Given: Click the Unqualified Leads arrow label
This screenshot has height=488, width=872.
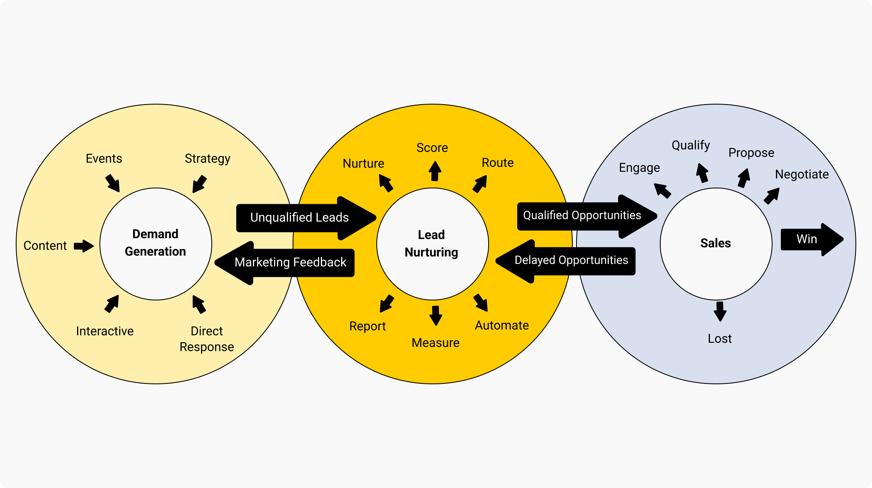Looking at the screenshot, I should coord(299,217).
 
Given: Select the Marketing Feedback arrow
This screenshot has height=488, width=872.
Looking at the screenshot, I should coord(290,262).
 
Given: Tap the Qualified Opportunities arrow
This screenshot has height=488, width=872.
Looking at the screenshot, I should coord(582,215).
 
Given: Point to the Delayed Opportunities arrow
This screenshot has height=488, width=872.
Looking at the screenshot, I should coord(571,261).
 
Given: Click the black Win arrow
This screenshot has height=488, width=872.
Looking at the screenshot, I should coord(810,239).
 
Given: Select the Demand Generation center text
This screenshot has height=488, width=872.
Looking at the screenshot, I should coord(155,243).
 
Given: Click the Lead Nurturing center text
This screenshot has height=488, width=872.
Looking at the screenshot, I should coord(431,244).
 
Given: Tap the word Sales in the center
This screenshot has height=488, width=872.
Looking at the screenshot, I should coord(715,243).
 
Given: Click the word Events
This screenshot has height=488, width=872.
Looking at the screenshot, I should coord(104,159).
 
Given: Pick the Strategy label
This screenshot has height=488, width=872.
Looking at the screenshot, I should coord(207,159).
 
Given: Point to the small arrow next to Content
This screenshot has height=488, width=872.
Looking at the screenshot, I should coord(84,246).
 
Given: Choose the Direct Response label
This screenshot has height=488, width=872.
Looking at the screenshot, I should coord(207,339).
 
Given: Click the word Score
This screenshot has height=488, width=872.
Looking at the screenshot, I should coord(432,148).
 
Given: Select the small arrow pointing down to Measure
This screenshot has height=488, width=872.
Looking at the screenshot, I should coord(435,315).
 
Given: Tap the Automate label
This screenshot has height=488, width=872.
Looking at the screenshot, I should coord(501,325).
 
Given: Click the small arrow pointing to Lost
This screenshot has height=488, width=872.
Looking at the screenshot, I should coord(720,311).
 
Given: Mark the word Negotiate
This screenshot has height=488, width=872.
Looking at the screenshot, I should coord(802,174).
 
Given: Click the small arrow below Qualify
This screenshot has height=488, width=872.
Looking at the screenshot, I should coord(702,173).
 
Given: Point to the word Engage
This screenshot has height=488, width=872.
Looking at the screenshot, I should coord(639,168).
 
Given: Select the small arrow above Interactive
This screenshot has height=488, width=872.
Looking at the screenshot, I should coord(112,304).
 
